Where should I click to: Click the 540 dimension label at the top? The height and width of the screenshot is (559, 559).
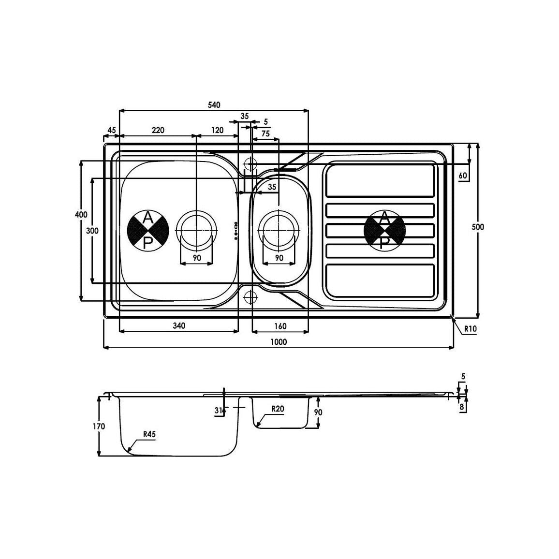(214, 105)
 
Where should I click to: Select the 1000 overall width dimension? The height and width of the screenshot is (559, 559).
(279, 342)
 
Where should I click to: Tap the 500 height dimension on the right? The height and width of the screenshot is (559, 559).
(478, 227)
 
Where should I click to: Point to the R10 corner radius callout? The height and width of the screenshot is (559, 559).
(470, 329)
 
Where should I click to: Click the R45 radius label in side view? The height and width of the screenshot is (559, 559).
(149, 434)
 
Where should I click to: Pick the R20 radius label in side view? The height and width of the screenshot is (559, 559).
(278, 409)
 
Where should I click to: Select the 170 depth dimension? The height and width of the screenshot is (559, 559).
(99, 426)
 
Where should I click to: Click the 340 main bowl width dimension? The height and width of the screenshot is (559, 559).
(179, 325)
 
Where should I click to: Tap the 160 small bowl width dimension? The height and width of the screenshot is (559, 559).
(280, 326)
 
